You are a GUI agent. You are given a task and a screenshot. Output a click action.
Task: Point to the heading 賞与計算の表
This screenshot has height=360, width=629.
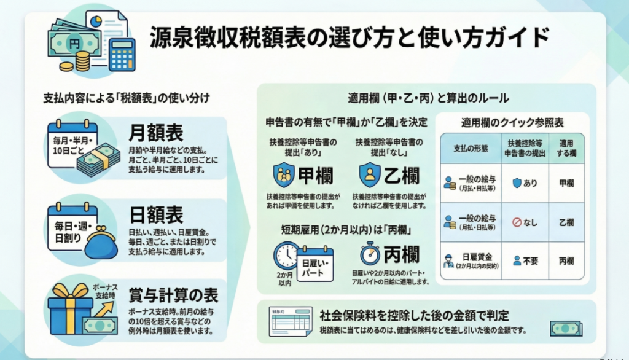(x=173, y=295)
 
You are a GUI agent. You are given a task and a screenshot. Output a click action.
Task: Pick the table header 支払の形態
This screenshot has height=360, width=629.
(x=470, y=149)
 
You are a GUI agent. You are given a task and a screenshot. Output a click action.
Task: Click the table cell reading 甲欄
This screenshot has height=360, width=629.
(x=566, y=183)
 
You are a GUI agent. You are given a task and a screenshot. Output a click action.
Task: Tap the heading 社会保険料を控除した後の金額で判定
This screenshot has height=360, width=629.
(x=413, y=316)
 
